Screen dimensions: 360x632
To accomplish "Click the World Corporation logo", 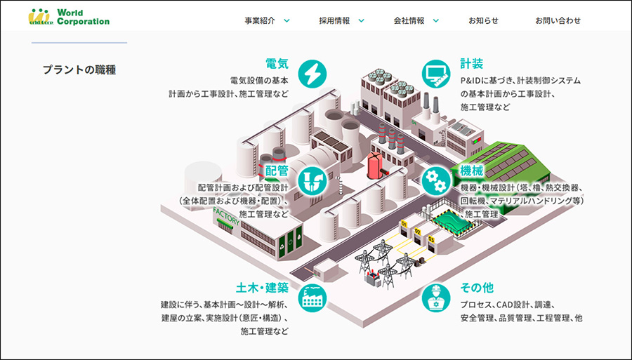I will (x=69, y=17).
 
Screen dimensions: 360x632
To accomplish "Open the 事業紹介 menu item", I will (x=261, y=20).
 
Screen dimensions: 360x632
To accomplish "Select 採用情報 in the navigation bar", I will (x=335, y=20).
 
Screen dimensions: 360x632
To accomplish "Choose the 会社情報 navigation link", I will (x=409, y=20).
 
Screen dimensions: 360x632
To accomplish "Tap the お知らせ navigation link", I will (x=484, y=20).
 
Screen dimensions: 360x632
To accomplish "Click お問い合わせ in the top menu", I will (x=558, y=20).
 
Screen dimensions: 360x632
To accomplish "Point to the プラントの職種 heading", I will (x=79, y=69).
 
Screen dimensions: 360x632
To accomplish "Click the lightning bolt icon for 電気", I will (x=312, y=72).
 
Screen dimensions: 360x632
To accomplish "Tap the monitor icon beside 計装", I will (x=436, y=72).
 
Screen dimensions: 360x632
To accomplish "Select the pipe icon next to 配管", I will (x=312, y=180).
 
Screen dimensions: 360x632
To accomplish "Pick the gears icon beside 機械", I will (x=435, y=180).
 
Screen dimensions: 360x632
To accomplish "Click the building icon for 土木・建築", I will (x=312, y=298).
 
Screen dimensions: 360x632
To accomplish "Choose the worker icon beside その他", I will (x=436, y=298).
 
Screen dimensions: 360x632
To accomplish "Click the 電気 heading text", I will (x=277, y=63).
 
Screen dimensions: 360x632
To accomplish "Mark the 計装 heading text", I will (x=472, y=64).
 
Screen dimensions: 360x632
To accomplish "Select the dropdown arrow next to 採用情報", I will (x=361, y=20).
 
